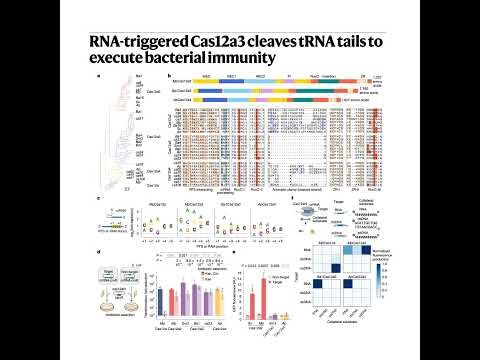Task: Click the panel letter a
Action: point(97,76)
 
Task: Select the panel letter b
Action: point(168,76)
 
